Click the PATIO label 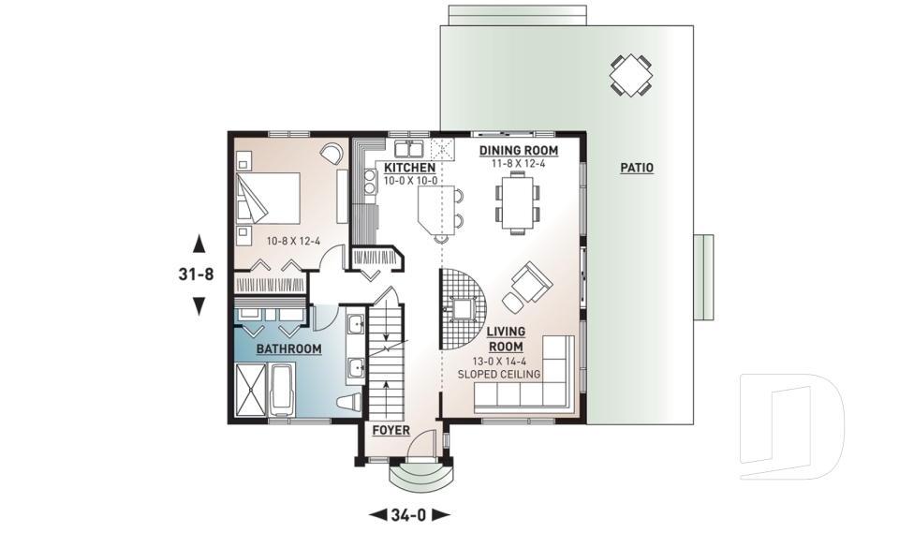[637, 169]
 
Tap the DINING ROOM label [518, 150]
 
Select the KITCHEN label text [409, 168]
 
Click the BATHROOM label [289, 349]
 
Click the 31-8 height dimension [199, 275]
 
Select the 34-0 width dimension [410, 514]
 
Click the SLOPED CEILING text [499, 375]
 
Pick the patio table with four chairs [631, 74]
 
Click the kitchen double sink [407, 149]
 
